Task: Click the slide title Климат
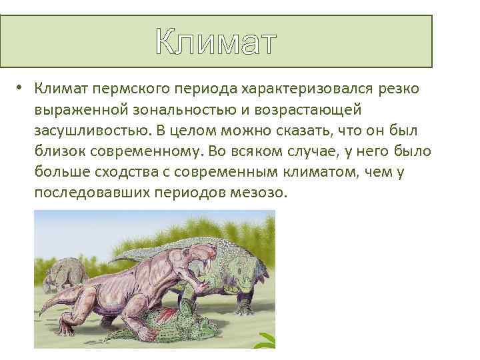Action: pos(215,43)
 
